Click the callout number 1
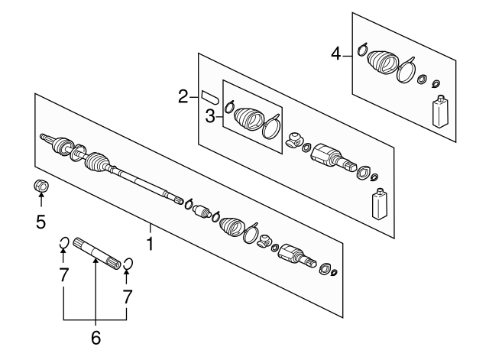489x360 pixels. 151,246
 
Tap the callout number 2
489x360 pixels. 183,96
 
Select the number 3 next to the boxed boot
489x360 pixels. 209,116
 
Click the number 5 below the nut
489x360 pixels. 40,222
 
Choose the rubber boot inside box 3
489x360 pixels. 248,119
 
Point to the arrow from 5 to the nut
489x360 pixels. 41,203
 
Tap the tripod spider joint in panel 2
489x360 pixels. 293,141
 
